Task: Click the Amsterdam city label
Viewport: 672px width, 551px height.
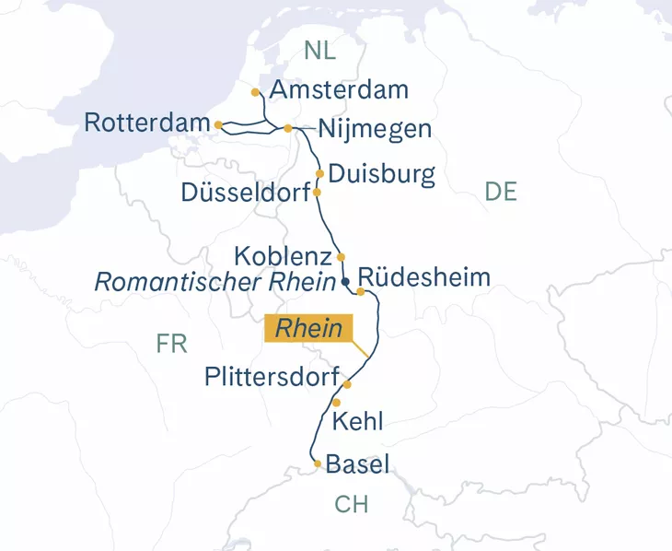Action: [x=340, y=90]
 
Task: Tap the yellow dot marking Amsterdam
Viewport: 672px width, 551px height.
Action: [x=255, y=92]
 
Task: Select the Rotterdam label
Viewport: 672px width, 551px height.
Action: [x=146, y=123]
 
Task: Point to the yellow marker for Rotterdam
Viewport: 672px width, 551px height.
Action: [x=218, y=124]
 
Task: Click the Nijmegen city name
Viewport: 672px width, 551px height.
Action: [x=374, y=129]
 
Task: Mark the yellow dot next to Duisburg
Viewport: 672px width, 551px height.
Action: [x=319, y=173]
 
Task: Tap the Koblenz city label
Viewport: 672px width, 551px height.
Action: [x=282, y=255]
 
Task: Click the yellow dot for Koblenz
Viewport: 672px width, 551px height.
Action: [x=341, y=256]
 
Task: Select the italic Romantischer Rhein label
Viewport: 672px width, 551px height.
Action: [x=214, y=282]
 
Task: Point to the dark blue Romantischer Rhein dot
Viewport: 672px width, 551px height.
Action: [x=345, y=282]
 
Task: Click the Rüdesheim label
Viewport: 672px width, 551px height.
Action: [x=423, y=277]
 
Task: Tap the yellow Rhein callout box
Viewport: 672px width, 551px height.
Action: [x=308, y=329]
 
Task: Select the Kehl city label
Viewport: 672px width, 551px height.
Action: [x=356, y=422]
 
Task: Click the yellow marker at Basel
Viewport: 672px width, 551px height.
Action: [x=318, y=463]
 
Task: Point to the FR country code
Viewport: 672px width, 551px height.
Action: [x=171, y=345]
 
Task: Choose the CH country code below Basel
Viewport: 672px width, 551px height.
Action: [x=351, y=504]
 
